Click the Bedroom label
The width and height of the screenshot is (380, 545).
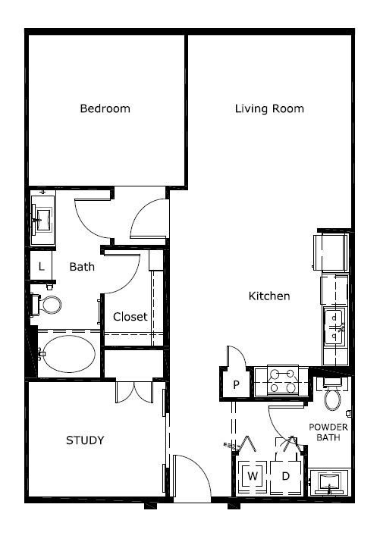105,108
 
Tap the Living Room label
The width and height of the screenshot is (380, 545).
269,108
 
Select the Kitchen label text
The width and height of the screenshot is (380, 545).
269,296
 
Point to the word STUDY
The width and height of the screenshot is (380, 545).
85,440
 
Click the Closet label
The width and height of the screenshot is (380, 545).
130,317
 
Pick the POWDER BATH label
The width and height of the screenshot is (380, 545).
328,432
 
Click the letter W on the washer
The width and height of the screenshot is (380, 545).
253,475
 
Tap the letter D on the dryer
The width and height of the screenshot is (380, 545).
285,476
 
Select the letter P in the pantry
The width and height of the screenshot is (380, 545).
236,384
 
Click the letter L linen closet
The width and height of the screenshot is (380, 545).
42,267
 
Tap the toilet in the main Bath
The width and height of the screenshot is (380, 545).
47,305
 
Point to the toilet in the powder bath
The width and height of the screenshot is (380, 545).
333,394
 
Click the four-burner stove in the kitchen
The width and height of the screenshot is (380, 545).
283,381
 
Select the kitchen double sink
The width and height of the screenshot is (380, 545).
334,327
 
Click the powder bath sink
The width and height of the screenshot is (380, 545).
329,481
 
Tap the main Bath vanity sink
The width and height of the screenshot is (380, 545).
42,218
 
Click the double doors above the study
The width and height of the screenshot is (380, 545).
134,393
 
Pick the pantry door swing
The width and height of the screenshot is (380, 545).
237,356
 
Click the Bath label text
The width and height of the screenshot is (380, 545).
82,267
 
